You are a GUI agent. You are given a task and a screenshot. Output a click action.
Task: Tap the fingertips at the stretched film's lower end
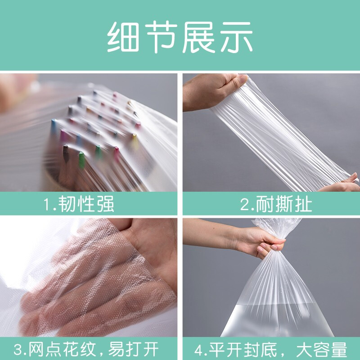click(349, 182)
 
